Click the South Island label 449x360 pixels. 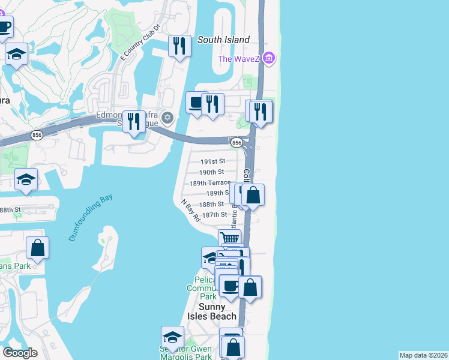(223, 40)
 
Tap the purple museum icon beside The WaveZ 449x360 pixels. (269, 59)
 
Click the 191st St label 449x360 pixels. (212, 161)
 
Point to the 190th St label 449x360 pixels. (212, 172)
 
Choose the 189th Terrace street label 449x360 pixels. (209, 182)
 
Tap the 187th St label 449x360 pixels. (214, 214)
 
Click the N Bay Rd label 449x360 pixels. (190, 211)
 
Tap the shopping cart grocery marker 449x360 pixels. (229, 238)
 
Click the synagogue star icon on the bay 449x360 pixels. (168, 117)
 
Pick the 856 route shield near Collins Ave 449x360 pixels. (237, 143)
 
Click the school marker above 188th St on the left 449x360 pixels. (26, 179)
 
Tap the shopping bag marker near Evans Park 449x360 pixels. (37, 247)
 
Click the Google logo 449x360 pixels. (20, 353)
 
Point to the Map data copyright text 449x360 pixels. (423, 355)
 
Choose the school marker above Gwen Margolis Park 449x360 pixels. (173, 337)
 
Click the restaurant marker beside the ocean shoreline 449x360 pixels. (261, 111)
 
